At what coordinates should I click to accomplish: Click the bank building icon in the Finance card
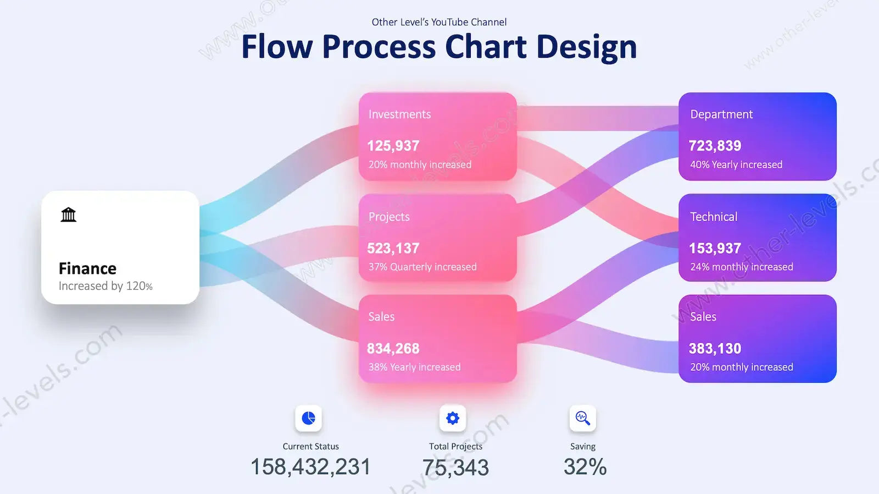68,215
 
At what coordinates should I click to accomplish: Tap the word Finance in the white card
87,269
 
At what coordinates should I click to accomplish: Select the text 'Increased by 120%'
105,286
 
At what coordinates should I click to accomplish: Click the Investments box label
399,114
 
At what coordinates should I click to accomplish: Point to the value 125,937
393,146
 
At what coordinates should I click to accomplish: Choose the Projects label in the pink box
389,217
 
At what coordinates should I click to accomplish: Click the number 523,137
393,249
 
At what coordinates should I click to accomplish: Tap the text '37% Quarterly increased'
422,267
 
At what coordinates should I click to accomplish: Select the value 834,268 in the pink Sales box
393,349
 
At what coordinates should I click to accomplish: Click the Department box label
721,114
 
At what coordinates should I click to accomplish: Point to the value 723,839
715,146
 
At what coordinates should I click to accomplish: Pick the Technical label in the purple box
714,217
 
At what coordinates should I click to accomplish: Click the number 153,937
715,249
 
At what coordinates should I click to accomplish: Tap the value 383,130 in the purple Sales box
715,349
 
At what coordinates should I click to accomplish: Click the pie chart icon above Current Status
308,418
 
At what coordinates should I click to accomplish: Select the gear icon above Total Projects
453,418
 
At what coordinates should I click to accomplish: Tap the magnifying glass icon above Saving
583,418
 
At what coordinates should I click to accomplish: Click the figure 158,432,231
310,467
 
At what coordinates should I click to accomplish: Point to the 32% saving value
585,467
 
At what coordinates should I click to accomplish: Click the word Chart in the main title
486,47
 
